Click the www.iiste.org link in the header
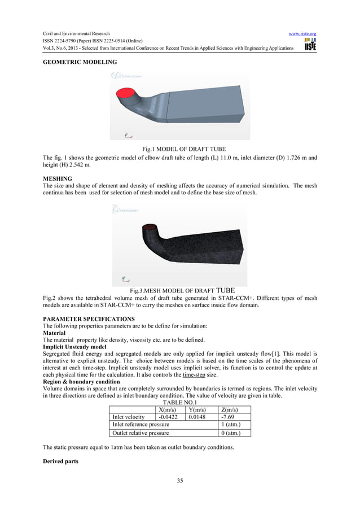click(x=302, y=34)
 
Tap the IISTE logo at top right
click(x=310, y=46)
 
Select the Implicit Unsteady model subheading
click(x=74, y=347)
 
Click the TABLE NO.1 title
click(x=180, y=403)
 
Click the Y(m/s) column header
click(x=201, y=409)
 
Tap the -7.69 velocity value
click(x=229, y=417)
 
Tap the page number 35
click(x=180, y=481)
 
